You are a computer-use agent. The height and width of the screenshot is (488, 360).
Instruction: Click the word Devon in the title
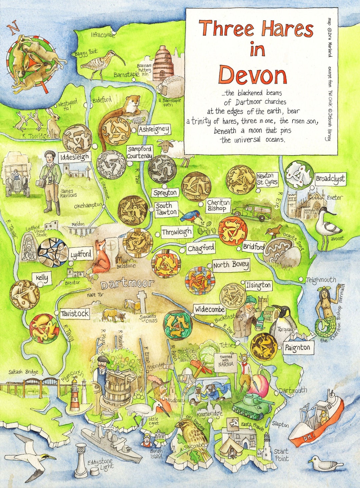click(x=253, y=75)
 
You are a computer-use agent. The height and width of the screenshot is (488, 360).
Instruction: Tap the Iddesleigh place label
click(x=75, y=157)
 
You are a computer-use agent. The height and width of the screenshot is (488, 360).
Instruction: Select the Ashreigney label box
click(x=154, y=129)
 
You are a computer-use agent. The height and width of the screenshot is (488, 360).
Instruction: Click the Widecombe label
click(x=209, y=309)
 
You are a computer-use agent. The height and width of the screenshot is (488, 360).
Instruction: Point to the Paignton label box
click(x=297, y=348)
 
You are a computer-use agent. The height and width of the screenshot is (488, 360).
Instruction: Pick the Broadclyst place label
click(x=330, y=179)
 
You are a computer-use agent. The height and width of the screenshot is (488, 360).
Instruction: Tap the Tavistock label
click(x=75, y=314)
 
